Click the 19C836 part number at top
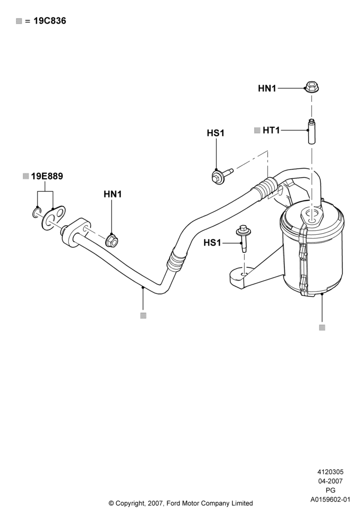[50, 21]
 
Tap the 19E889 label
[47, 176]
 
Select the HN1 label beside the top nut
[267, 88]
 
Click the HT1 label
[271, 131]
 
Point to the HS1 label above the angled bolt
[215, 133]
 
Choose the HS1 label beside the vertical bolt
[212, 243]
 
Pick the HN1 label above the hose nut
[113, 194]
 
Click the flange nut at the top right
[312, 87]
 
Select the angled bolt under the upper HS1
[221, 175]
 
